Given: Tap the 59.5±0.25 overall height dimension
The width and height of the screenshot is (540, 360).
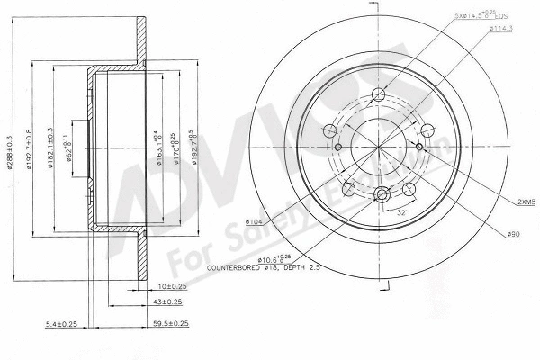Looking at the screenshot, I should pos(169,322).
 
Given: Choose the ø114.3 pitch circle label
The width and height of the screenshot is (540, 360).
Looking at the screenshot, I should pos(502,30).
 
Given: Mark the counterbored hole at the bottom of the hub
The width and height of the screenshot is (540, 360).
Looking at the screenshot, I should pos(381,193).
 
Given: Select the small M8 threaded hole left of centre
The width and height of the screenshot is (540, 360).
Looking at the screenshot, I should pos(338,148).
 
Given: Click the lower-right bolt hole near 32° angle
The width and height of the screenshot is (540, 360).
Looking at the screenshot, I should pos(408,187).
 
